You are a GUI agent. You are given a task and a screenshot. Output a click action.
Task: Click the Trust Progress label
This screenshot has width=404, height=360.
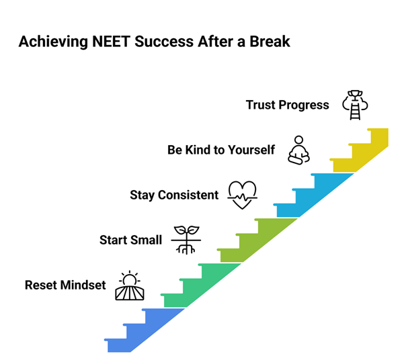287,105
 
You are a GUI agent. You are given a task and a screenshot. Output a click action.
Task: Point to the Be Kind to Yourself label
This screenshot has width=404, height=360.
221,150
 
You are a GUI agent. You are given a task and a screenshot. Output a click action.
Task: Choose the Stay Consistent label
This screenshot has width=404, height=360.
174,195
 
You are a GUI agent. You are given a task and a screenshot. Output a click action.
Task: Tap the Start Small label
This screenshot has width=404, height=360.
130,240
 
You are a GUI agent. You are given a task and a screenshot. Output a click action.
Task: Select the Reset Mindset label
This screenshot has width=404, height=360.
65,285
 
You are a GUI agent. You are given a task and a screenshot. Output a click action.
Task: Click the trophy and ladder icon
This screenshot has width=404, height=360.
355,105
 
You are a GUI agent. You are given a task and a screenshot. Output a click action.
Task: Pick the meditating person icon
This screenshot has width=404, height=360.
298,149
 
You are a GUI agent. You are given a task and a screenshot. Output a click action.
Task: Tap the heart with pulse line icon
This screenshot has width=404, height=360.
242,194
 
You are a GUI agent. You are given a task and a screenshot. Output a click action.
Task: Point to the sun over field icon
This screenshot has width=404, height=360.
130,285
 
